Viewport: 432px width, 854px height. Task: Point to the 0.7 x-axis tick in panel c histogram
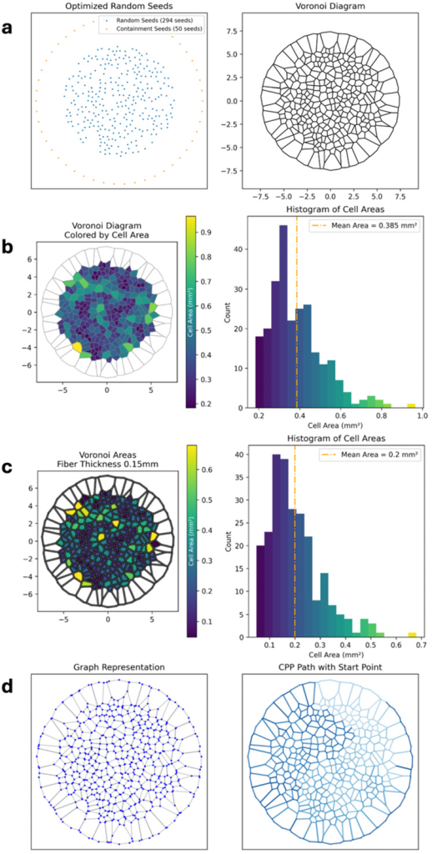(421, 646)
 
